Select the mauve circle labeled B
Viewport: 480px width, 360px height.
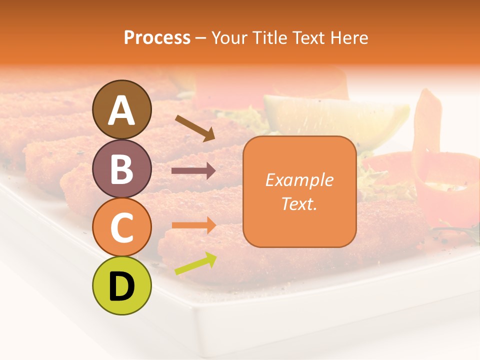pos(122,168)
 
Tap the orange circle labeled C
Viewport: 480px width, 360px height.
pos(122,227)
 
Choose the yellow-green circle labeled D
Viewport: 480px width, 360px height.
pos(122,285)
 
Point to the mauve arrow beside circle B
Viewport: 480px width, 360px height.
pos(193,171)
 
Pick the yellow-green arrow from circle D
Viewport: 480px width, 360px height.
pos(195,263)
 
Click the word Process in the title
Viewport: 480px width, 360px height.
pos(157,37)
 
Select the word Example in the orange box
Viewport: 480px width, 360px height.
pos(299,180)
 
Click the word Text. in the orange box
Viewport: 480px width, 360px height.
pos(299,203)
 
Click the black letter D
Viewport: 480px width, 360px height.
pos(122,286)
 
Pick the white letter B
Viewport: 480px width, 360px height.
pos(122,169)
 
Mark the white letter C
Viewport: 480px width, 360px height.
pos(122,227)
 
